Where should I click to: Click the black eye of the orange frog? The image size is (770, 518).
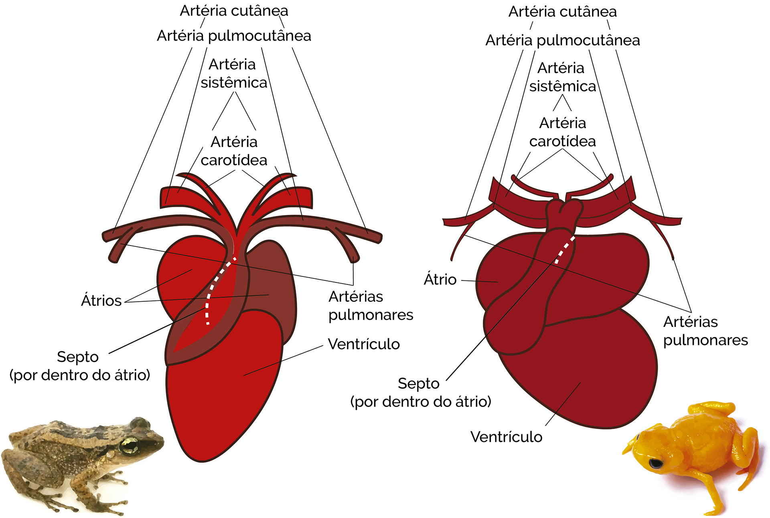click(656, 463)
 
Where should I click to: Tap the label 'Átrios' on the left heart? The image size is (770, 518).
click(101, 300)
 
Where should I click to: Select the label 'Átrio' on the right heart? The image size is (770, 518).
click(440, 280)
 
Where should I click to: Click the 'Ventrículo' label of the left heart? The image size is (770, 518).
click(364, 344)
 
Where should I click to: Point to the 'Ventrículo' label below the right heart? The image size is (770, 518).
click(506, 437)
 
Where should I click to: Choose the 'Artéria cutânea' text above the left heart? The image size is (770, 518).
click(234, 11)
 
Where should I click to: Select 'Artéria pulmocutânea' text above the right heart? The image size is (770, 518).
click(563, 40)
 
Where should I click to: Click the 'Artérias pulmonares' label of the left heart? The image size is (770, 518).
click(371, 306)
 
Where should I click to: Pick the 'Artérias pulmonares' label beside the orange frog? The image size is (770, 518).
click(705, 331)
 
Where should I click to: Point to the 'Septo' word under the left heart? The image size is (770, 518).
click(78, 357)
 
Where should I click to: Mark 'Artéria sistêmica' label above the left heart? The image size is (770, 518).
click(234, 73)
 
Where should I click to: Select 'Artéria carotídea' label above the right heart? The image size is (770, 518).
click(562, 132)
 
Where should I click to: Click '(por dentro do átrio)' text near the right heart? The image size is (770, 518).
click(421, 401)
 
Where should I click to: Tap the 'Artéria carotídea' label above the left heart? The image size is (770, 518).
click(234, 151)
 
